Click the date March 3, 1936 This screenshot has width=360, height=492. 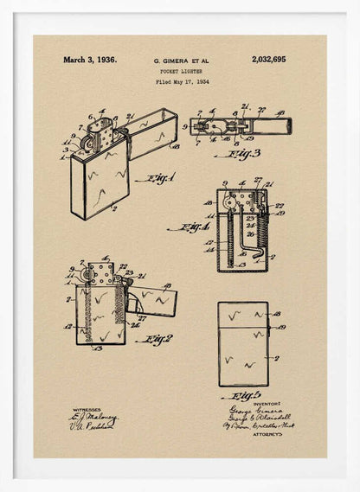point(89,61)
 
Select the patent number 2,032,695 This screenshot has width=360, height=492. point(268,61)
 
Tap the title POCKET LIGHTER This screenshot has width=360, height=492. point(182,72)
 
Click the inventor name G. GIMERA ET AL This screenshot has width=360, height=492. point(182,61)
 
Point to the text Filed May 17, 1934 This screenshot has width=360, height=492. point(182,82)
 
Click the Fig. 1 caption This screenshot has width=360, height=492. point(160,179)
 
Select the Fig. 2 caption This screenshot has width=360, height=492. point(157,340)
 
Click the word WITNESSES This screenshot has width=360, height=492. point(87,410)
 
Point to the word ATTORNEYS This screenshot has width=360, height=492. point(267,434)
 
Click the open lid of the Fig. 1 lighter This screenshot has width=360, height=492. point(154,131)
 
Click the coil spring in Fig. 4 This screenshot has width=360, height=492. point(253,228)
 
